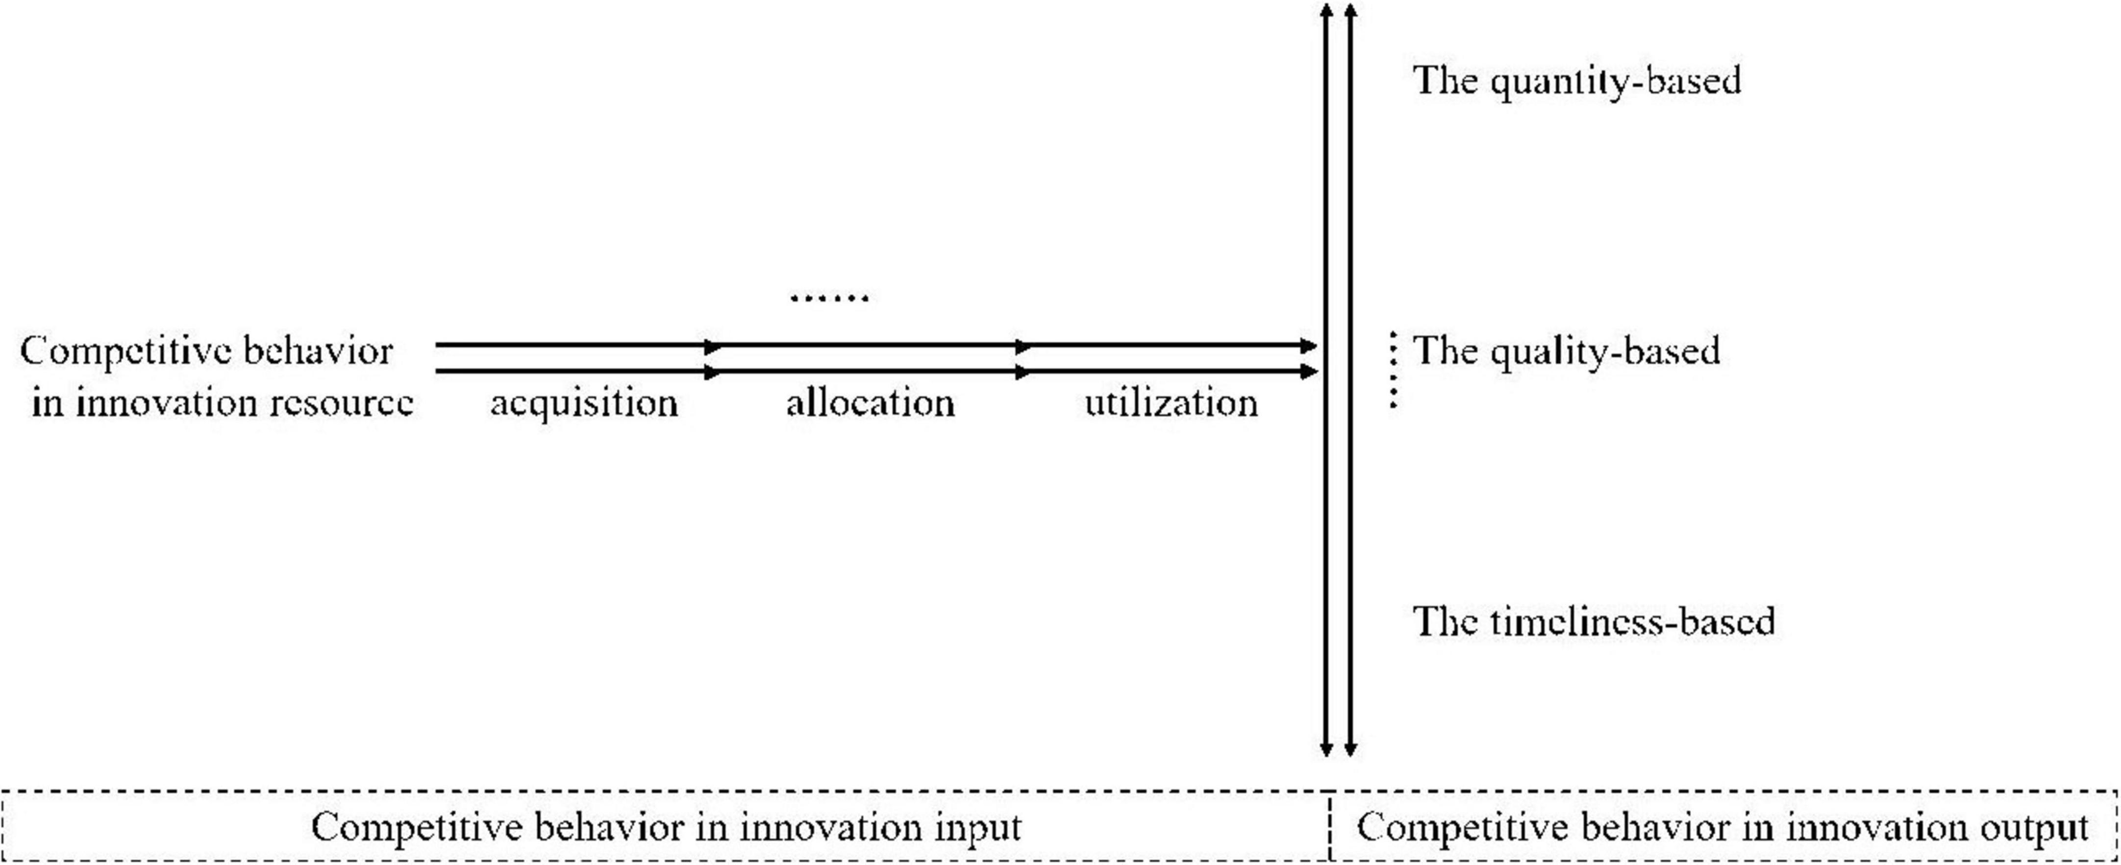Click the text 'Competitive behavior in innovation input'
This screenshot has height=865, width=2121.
pyautogui.click(x=665, y=827)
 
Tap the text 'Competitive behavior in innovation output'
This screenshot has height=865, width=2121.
pyautogui.click(x=1722, y=827)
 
